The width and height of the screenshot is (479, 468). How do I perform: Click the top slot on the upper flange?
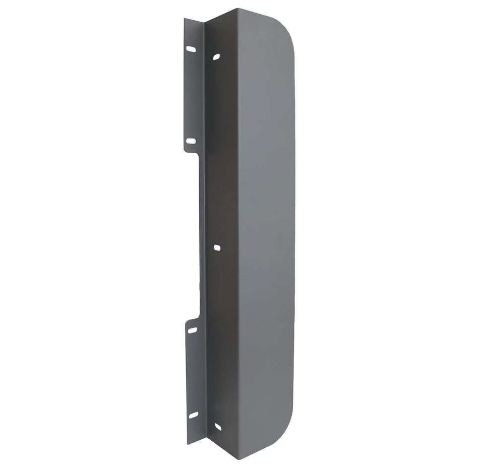191,49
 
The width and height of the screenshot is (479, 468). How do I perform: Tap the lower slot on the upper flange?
191,142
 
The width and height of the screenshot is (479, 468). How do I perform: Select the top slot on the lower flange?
193,330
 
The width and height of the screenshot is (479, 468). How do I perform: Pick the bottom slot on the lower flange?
193,415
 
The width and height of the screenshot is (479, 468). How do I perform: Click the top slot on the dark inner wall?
216,56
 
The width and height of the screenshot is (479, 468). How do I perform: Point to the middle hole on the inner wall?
217,247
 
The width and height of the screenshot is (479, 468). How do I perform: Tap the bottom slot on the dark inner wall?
218,427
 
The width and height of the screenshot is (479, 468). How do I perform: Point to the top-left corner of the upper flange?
185,19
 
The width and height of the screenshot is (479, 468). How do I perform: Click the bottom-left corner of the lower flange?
188,443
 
